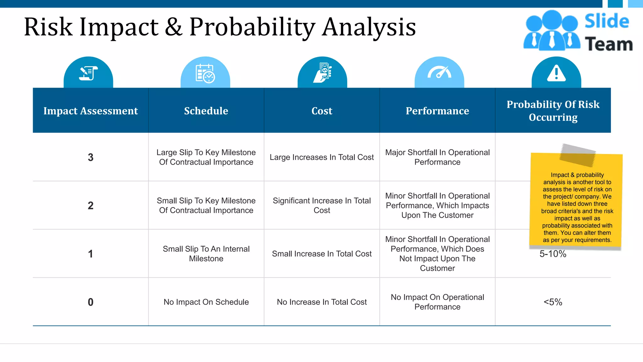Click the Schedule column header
206,111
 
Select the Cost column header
321,111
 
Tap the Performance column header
437,111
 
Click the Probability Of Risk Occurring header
553,111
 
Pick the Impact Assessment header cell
90,111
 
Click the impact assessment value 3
90,157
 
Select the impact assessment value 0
90,302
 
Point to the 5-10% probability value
553,254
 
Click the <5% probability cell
553,302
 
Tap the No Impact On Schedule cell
206,302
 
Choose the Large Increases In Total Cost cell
321,157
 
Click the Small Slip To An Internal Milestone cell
206,254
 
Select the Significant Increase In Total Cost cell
321,206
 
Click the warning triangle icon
556,74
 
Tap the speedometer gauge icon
439,73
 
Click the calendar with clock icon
205,73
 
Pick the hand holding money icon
322,73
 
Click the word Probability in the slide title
252,27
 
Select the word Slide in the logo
607,21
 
